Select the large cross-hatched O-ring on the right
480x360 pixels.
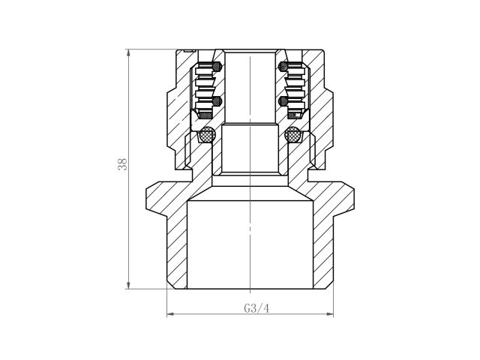292,136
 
